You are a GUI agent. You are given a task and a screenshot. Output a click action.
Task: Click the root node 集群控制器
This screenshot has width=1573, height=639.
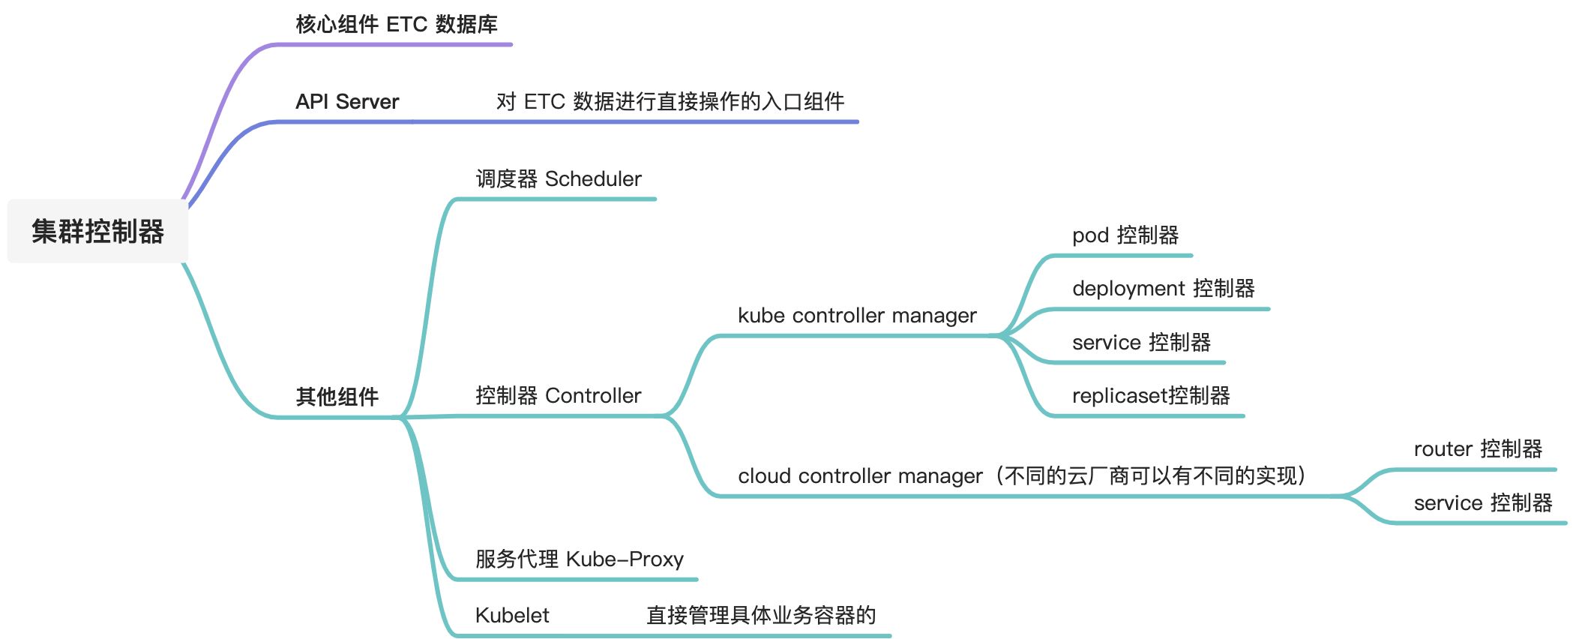97,231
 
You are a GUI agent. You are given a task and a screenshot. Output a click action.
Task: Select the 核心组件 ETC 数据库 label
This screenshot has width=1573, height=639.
396,25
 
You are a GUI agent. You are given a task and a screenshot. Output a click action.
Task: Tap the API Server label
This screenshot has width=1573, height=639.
346,102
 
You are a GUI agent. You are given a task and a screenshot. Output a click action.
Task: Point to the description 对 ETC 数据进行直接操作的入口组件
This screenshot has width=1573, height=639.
670,102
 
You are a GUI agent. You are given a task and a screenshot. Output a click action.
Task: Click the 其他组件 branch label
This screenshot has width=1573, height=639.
337,397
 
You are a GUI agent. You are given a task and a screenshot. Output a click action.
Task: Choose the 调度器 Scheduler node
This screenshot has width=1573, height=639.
558,179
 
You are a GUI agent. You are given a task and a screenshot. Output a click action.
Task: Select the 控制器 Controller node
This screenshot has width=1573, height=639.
558,396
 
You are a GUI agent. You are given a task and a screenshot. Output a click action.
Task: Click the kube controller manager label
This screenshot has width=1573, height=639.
856,316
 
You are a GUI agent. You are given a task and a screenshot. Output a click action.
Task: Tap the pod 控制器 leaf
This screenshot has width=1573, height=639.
1125,235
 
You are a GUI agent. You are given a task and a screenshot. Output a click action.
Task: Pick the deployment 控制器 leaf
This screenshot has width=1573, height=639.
1163,289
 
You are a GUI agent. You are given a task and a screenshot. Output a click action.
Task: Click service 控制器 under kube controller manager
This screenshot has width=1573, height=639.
1140,343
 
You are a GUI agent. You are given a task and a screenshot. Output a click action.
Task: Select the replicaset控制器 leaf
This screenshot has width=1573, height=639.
1150,396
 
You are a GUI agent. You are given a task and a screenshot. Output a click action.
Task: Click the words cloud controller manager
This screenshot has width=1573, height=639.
859,476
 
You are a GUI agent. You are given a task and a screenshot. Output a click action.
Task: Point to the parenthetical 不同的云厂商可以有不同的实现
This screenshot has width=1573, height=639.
1150,476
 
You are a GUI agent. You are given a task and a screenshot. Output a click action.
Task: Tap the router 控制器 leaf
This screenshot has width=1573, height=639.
1477,449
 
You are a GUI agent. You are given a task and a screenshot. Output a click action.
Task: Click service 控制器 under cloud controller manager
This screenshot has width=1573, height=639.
1482,503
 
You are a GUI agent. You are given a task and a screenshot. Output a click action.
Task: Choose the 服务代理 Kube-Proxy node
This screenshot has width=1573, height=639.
579,559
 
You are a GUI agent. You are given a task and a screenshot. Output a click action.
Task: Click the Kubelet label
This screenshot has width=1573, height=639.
511,616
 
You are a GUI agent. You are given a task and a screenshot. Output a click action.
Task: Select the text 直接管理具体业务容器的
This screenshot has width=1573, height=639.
760,616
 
